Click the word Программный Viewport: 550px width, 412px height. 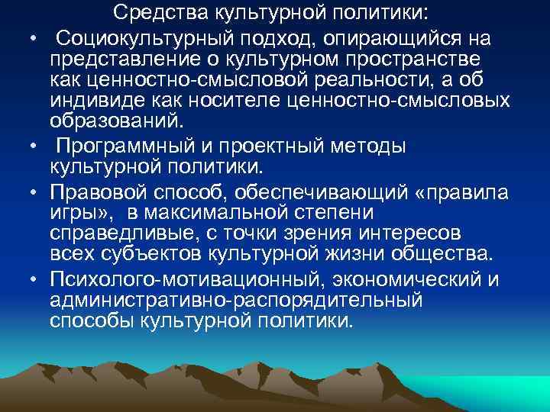point(134,147)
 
